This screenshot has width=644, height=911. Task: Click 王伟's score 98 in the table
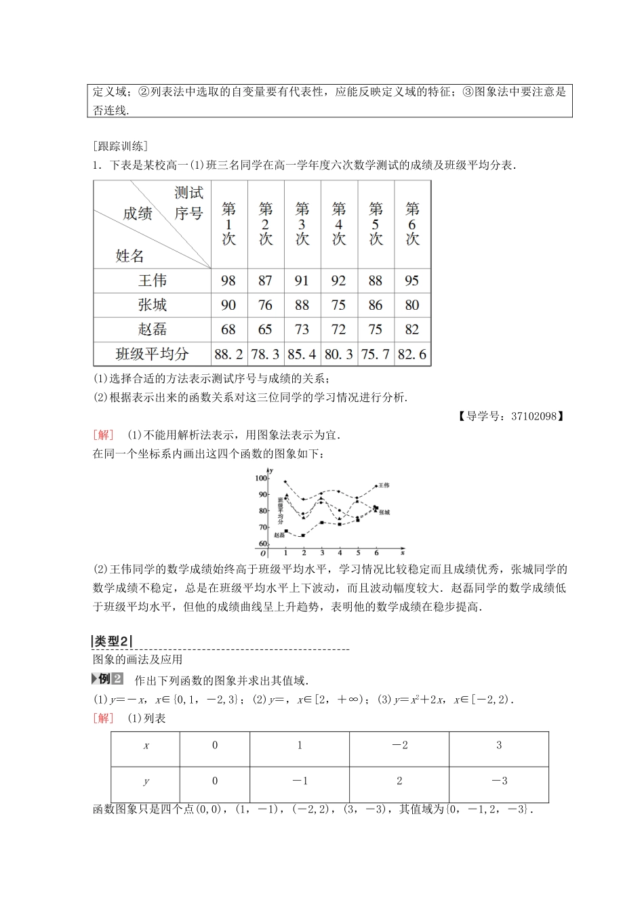(228, 281)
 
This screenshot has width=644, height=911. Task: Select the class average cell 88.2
(228, 354)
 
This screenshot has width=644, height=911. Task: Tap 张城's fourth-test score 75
(338, 305)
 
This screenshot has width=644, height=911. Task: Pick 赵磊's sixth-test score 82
(411, 329)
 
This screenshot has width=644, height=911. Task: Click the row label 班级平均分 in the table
(152, 354)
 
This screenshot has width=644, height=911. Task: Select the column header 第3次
(302, 224)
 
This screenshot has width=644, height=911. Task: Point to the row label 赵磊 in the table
(152, 329)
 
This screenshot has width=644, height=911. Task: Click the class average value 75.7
(375, 354)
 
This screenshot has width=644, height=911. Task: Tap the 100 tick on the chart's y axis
(261, 479)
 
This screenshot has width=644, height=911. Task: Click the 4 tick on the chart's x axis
(340, 553)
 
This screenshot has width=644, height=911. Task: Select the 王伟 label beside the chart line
(384, 485)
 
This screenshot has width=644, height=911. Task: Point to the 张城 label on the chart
(384, 512)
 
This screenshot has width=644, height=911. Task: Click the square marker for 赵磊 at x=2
(303, 535)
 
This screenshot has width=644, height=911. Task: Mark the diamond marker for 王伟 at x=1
(285, 482)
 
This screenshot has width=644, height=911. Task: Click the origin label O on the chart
(263, 554)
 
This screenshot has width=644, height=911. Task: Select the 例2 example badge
(108, 679)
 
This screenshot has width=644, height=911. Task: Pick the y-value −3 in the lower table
(499, 781)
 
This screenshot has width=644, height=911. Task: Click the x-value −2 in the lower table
(399, 745)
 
